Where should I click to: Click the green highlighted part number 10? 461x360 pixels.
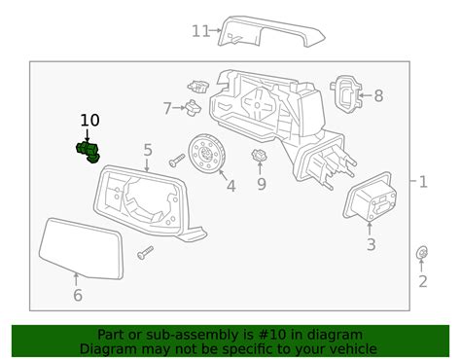89,151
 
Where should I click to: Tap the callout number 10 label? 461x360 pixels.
89,121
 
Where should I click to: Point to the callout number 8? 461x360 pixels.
378,96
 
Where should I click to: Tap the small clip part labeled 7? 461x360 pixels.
194,106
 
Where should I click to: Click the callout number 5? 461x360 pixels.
148,150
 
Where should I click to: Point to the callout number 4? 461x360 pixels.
230,185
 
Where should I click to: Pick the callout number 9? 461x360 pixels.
261,183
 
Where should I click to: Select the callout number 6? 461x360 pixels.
78,295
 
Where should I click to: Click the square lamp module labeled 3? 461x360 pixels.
369,203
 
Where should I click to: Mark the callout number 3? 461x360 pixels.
371,245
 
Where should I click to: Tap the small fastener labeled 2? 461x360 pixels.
422,255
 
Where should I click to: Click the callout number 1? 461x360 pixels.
422,181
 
